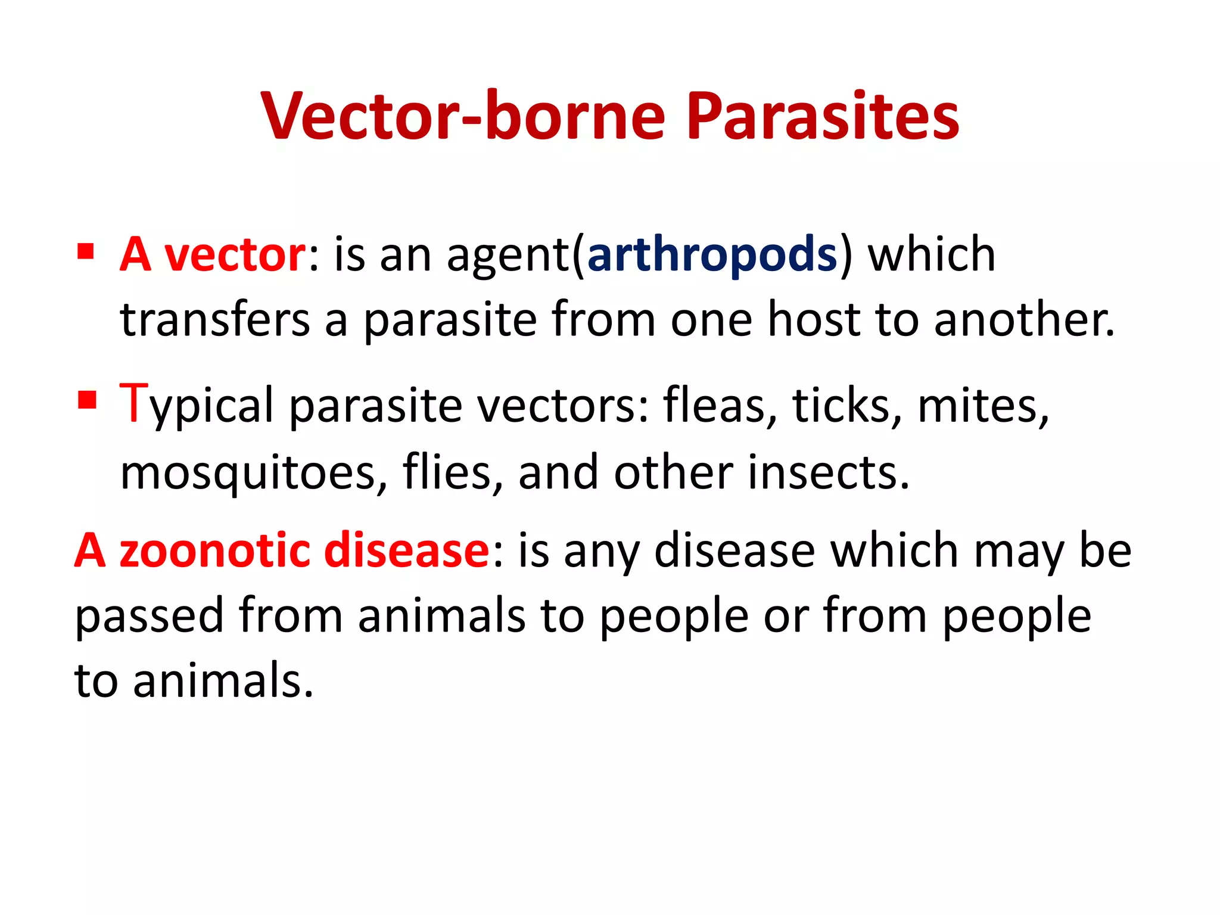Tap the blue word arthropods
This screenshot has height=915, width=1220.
712,254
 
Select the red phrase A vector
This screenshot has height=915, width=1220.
213,254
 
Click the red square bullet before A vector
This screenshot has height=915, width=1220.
86,251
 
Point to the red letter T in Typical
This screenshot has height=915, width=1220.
133,403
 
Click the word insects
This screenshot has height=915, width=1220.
828,472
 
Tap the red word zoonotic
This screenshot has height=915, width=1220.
215,550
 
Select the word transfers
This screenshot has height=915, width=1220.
215,320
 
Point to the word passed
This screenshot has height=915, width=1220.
149,616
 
